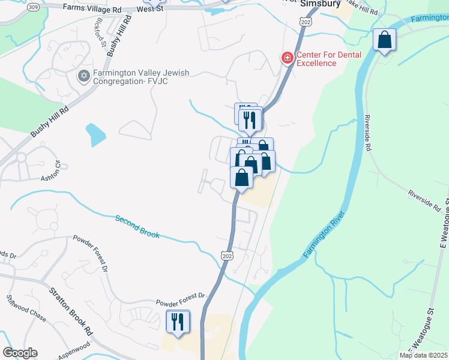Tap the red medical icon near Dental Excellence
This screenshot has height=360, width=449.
[288, 58]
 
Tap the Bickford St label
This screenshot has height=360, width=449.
[99, 34]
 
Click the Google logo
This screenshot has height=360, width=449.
[20, 353]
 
